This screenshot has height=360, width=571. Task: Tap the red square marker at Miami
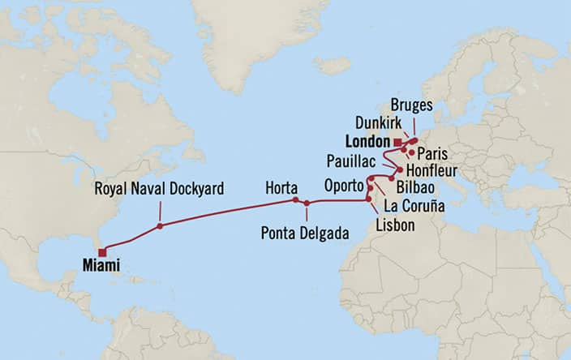[102, 251]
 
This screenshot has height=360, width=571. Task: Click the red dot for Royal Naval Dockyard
[160, 226]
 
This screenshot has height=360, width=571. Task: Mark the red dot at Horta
[296, 200]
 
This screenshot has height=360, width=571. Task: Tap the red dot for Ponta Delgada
[307, 204]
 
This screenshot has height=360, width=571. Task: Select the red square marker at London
[397, 143]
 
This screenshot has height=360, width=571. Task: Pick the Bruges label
[410, 105]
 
